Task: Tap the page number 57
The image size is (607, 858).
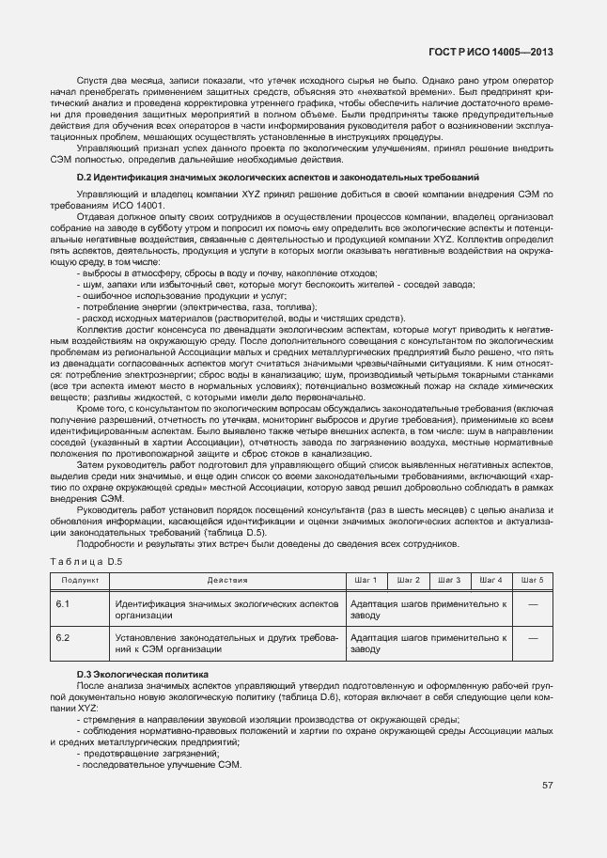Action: point(547,785)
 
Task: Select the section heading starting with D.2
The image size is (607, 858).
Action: point(277,177)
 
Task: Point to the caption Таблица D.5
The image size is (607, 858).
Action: point(86,561)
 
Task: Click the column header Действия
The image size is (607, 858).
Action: point(226,580)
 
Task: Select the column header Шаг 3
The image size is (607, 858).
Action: point(450,580)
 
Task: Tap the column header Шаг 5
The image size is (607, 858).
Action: point(532,580)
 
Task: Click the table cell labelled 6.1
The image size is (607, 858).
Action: point(64,603)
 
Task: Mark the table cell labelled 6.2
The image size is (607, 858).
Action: point(64,638)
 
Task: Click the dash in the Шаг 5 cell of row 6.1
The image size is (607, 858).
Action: point(532,603)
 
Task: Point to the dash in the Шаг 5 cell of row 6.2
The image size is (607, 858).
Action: point(532,638)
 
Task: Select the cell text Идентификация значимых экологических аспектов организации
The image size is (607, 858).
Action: point(226,609)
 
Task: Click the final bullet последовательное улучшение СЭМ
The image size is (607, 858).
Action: point(159,766)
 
